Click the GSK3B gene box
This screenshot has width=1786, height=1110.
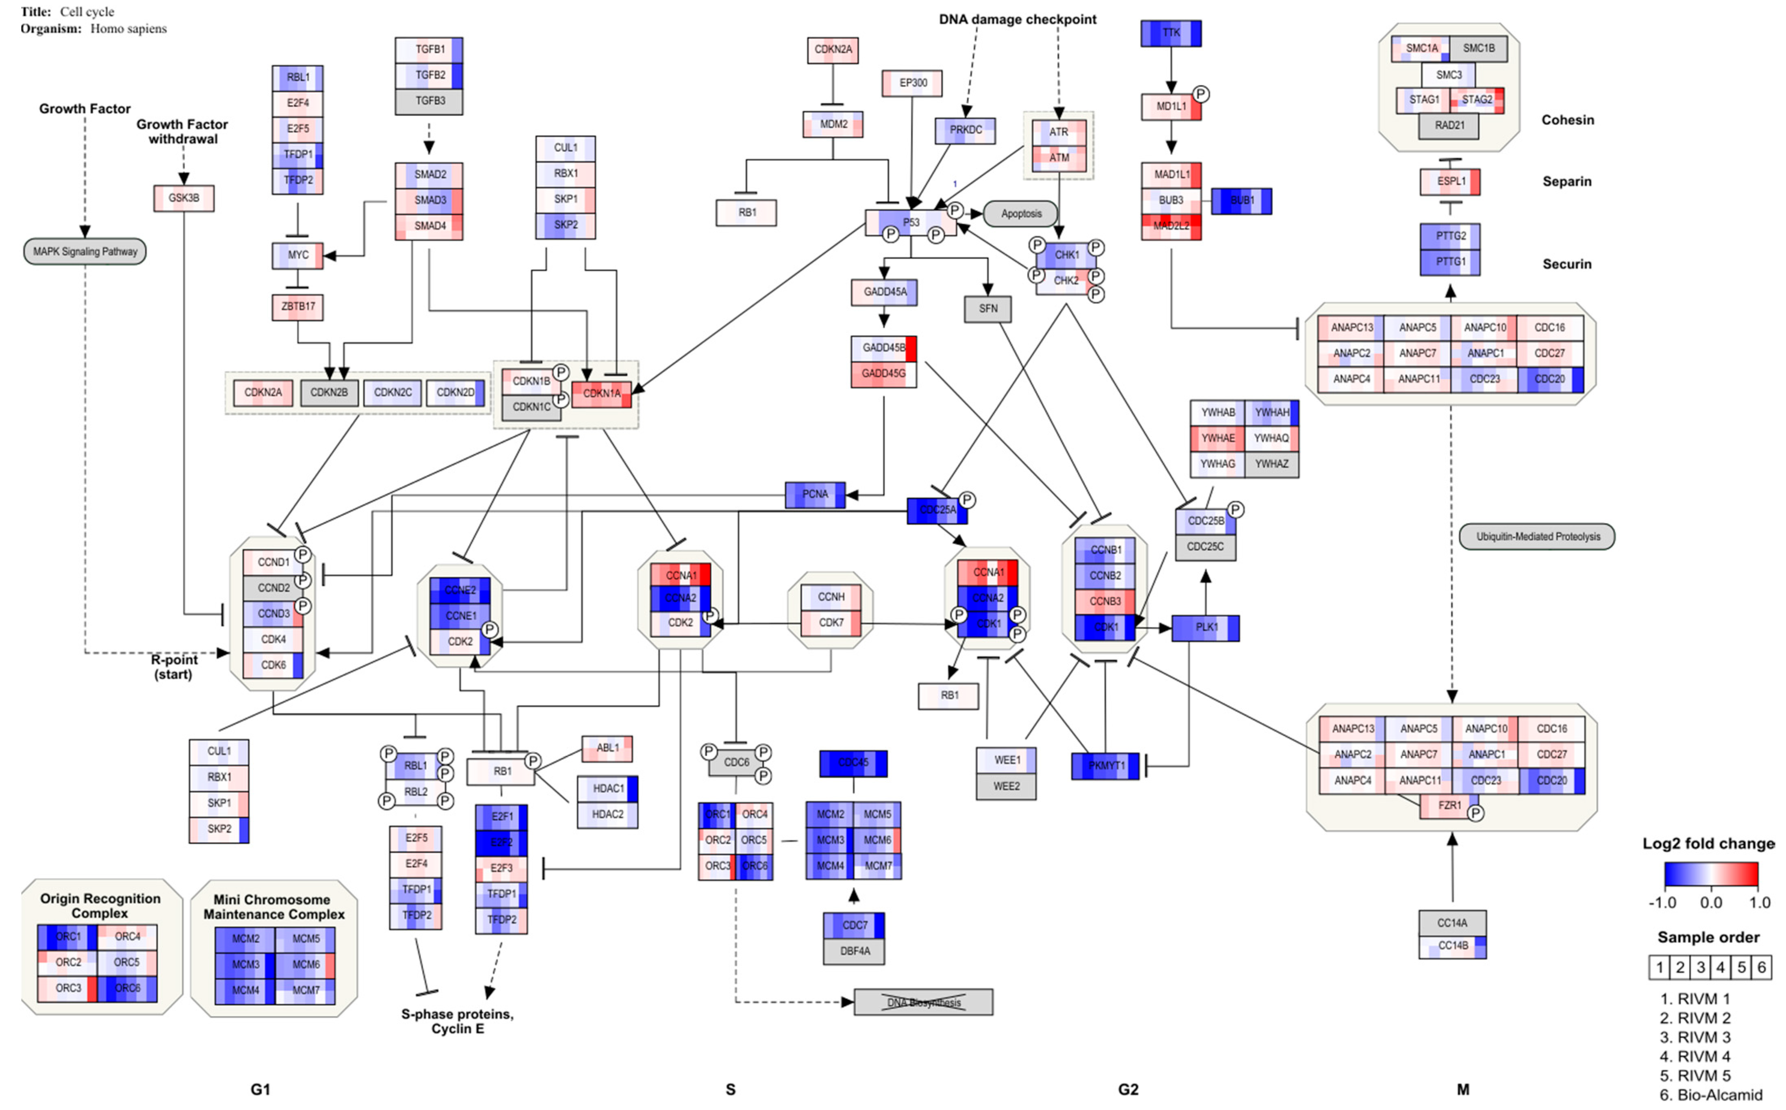click(183, 198)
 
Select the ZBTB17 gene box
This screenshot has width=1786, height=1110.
click(297, 307)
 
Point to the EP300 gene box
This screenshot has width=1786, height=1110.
click(912, 83)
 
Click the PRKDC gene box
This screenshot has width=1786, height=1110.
click(965, 130)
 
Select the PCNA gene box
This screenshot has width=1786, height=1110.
click(814, 495)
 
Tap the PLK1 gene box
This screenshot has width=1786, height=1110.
click(1205, 628)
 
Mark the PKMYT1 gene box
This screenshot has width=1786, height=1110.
click(1105, 766)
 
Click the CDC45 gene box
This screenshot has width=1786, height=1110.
click(853, 763)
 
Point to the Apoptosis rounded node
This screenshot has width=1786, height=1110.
click(1021, 214)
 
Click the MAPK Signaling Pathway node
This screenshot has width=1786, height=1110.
click(85, 252)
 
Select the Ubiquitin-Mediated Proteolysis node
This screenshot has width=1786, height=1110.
click(1537, 536)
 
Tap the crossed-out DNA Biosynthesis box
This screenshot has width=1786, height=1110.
click(923, 1002)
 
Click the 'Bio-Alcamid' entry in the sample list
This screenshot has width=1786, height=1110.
click(1719, 1095)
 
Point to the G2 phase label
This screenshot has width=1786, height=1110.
click(1128, 1089)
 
